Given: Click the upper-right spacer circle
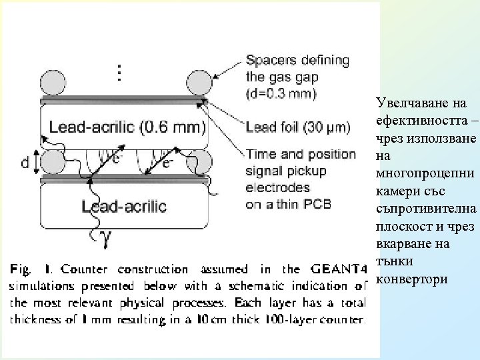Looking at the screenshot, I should click(198, 84).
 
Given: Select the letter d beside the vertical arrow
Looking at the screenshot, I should click(24, 162).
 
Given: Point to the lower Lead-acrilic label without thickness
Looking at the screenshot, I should click(124, 206).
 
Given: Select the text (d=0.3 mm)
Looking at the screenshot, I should click(281, 92).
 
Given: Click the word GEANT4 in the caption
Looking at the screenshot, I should click(338, 269).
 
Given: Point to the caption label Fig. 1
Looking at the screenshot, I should click(29, 270).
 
